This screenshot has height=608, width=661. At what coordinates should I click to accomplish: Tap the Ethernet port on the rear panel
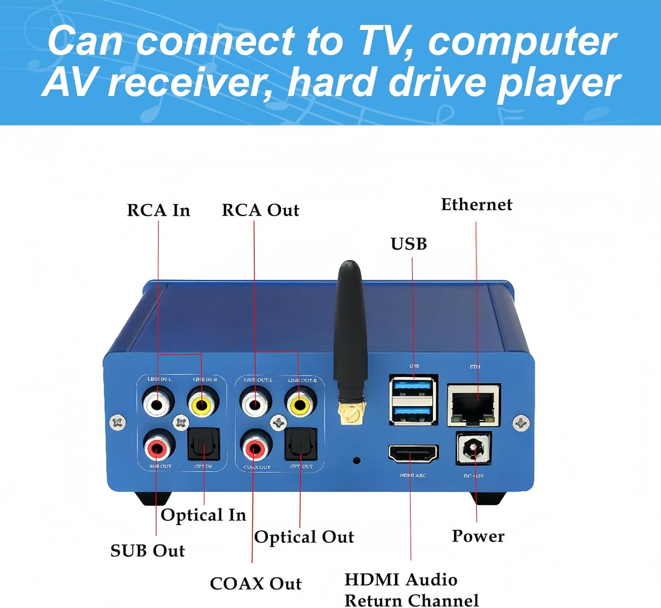pos(474,404)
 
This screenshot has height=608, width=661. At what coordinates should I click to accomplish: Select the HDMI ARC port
pos(413,453)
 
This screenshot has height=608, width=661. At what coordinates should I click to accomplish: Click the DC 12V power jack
pos(473,449)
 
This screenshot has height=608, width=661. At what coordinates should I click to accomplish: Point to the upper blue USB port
pos(413,387)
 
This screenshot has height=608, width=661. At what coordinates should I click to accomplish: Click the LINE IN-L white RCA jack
pos(158,402)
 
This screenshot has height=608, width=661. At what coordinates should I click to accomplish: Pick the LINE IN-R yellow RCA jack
pos(203,402)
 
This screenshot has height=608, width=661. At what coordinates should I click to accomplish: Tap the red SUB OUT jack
pos(157,448)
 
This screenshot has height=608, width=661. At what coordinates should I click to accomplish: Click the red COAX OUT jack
pos(255,449)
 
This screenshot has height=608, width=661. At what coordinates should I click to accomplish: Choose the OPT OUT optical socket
pos(301,445)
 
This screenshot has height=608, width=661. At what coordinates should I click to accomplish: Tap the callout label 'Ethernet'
pos(476,204)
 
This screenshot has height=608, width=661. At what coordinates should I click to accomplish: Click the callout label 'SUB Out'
pos(148,551)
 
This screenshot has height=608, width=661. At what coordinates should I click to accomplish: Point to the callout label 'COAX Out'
pos(256,583)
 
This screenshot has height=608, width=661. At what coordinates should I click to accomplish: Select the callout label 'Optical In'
pos(203,515)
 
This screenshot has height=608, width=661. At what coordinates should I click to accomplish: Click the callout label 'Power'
pos(478,536)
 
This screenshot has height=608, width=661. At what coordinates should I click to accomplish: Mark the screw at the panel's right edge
pos(521,423)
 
